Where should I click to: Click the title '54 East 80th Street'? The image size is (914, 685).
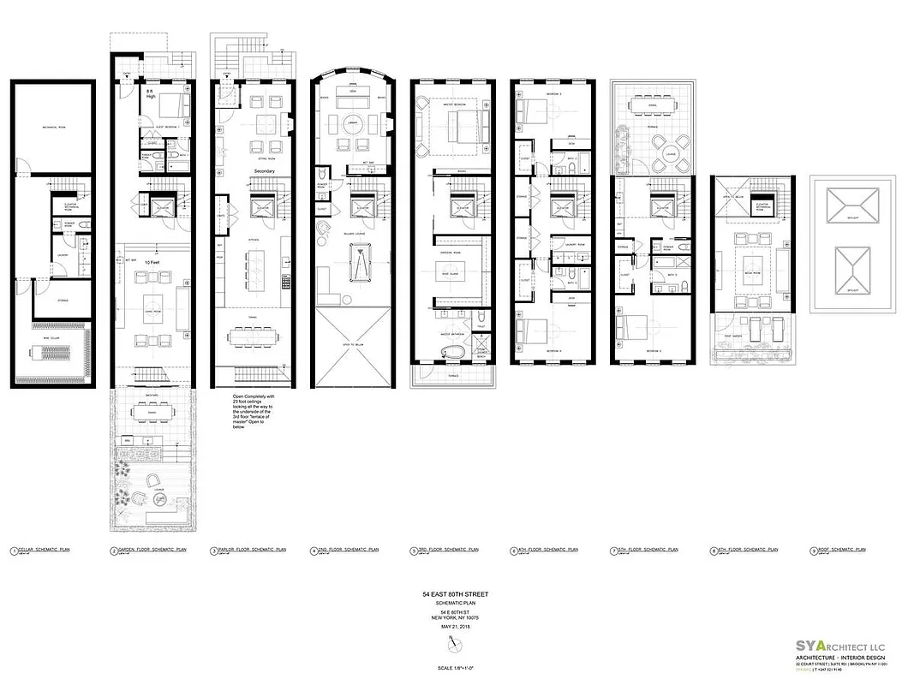click(456, 594)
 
